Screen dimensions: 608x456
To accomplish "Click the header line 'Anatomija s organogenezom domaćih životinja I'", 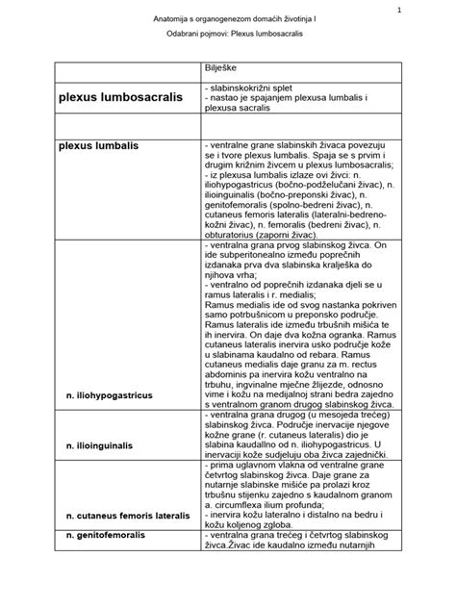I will pyautogui.click(x=228, y=22).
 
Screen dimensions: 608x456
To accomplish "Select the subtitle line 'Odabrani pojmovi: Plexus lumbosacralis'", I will pyautogui.click(x=227, y=47).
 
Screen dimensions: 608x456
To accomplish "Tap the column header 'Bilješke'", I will pyautogui.click(x=223, y=70).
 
